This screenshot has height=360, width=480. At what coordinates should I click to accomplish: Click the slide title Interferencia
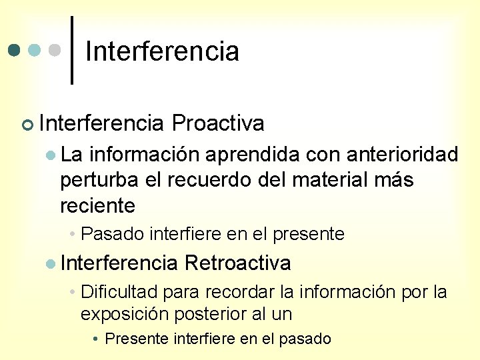[162, 51]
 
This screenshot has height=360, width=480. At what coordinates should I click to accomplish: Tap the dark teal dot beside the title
[15, 51]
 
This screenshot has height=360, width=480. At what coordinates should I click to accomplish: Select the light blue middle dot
[35, 51]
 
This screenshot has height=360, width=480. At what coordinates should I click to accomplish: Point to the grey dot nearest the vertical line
[56, 51]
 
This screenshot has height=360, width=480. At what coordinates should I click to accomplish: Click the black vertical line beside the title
[72, 50]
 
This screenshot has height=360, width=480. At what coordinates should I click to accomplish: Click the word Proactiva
[217, 123]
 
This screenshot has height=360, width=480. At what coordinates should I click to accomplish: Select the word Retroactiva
[237, 263]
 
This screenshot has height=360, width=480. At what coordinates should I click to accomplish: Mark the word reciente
[97, 206]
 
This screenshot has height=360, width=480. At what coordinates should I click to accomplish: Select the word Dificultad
[119, 292]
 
